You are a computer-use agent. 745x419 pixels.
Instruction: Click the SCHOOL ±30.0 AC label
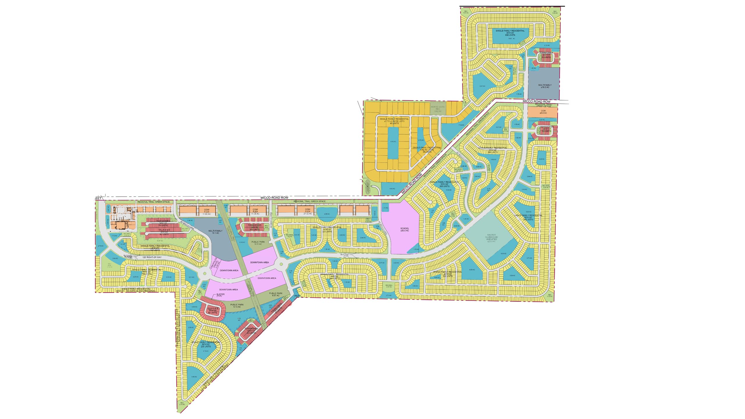click(405, 229)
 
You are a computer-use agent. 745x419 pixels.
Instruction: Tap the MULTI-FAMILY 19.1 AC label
click(215, 232)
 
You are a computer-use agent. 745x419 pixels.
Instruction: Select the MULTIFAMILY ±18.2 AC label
click(543, 86)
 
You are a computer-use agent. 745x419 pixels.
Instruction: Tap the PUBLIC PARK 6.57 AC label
click(276, 294)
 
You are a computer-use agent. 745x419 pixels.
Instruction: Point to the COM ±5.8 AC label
click(543, 112)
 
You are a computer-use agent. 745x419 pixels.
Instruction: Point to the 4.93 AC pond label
click(392, 189)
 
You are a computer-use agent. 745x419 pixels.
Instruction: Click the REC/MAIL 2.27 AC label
click(389, 286)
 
